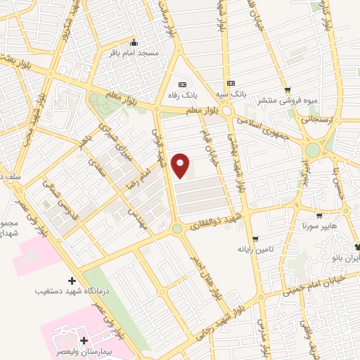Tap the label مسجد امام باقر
coord(133,53)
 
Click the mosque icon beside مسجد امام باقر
coord(134,42)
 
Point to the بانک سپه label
coord(231,94)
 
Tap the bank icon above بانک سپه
coord(231,84)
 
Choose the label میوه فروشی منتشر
coord(287,101)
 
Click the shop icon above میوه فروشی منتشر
coord(288,89)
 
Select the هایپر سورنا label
coord(320,226)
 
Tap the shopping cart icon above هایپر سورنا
coord(320,216)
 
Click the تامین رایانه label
coord(255,249)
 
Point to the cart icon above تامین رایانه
coord(255,238)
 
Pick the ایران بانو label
coord(345,257)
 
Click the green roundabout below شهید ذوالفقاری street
coord(177,229)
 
